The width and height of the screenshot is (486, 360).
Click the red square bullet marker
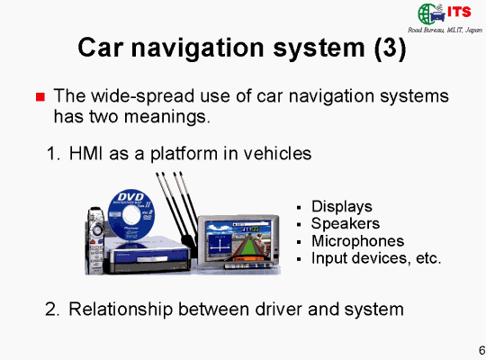click(40, 97)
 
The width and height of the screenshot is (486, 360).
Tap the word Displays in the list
click(342, 207)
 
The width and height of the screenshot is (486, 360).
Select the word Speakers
click(346, 224)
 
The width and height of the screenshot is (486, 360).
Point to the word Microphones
click(357, 241)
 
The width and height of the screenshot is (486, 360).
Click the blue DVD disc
click(131, 215)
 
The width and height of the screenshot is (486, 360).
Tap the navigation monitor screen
click(238, 240)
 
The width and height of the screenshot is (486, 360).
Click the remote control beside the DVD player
click(94, 241)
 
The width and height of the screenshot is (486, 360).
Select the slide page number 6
click(481, 350)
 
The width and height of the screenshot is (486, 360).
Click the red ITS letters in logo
click(459, 12)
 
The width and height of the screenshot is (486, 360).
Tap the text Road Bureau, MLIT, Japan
click(445, 30)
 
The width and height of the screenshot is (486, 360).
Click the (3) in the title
click(390, 48)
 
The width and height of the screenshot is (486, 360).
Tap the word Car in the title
click(101, 48)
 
